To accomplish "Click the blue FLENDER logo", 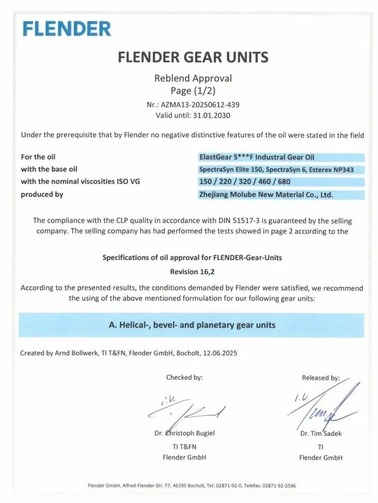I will tap(67, 28).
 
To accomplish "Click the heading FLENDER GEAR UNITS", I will tap(193, 57).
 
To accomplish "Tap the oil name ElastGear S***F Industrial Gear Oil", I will tap(257, 157).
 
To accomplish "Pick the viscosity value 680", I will tap(284, 182).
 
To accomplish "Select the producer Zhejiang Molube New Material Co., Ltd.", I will tap(266, 194).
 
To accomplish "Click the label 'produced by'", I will tap(42, 194).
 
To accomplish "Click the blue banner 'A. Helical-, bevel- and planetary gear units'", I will tap(192, 325).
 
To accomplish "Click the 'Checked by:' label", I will tap(184, 377).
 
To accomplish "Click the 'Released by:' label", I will tap(320, 378).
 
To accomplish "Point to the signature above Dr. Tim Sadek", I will tap(323, 407).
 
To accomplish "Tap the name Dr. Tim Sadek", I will tap(320, 433).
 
